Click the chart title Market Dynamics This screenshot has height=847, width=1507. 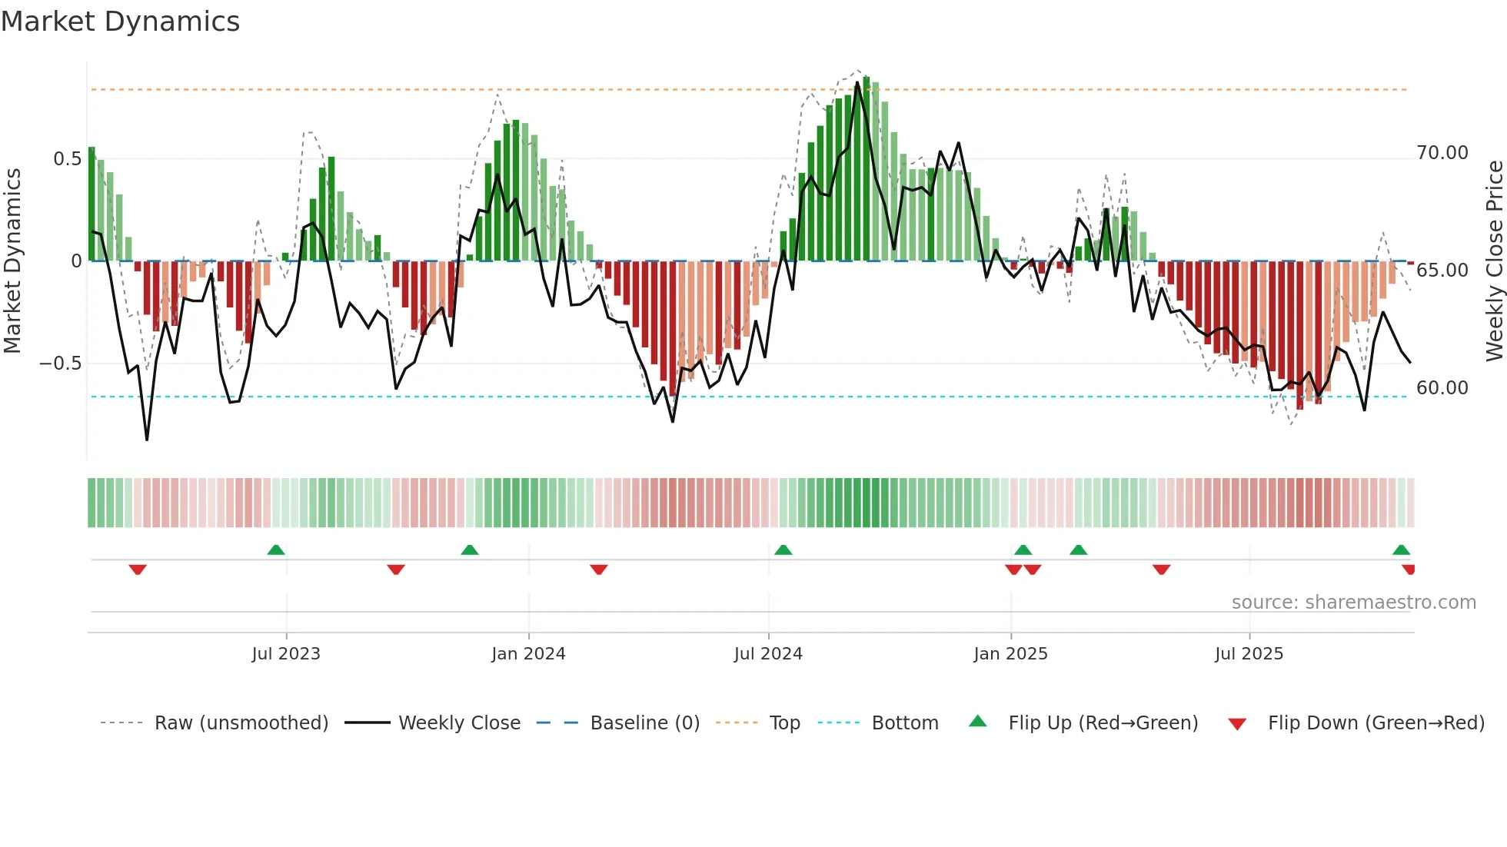point(120,22)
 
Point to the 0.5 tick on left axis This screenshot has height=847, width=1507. point(67,159)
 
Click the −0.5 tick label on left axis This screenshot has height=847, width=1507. point(61,363)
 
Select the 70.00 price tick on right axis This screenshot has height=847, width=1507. point(1442,153)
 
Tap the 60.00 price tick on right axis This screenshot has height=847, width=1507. point(1442,388)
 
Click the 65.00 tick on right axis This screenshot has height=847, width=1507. point(1442,271)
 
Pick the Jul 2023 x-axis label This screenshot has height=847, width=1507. point(286,654)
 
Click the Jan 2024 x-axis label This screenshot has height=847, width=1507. point(528,654)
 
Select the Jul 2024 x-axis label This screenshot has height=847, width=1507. point(768,654)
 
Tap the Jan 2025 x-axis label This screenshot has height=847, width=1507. point(1010,654)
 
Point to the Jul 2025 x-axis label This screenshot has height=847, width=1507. point(1249,654)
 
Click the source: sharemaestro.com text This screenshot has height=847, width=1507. point(1353,603)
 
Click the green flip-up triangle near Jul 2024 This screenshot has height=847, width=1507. point(783,550)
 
